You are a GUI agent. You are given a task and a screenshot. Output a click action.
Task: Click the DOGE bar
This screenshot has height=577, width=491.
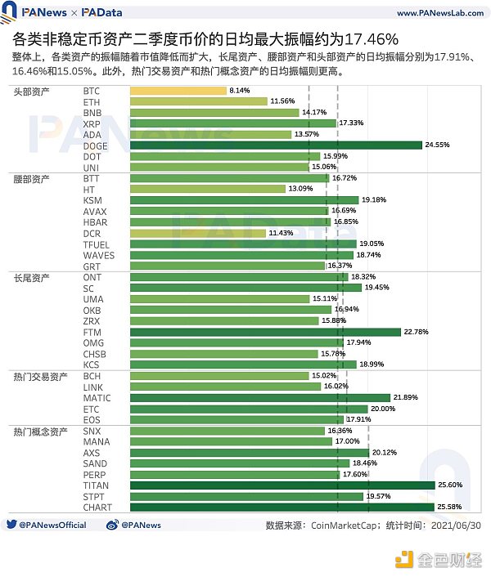click(x=276, y=145)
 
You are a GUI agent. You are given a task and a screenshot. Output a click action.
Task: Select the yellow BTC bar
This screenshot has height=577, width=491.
click(x=178, y=90)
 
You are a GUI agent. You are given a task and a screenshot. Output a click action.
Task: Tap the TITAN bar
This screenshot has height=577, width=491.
click(x=282, y=485)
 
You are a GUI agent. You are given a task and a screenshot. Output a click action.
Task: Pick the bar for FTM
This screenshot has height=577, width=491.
click(x=265, y=332)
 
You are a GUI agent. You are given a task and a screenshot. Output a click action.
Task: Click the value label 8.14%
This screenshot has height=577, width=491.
click(x=240, y=90)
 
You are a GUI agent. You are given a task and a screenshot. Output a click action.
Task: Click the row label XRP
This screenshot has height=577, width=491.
click(x=92, y=123)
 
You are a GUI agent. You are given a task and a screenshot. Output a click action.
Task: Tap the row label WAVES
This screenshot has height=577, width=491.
click(x=98, y=255)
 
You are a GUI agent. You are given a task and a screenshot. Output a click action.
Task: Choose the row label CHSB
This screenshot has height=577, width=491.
click(x=95, y=354)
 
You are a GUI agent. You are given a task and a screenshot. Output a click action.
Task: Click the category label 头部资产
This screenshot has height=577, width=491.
click(x=31, y=90)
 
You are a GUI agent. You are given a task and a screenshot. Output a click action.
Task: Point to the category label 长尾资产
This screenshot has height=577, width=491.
click(x=31, y=277)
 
